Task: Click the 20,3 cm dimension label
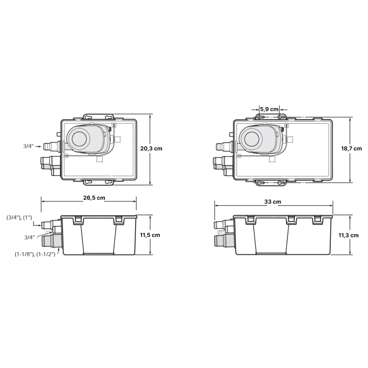coord(151,149)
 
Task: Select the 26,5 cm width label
coord(94,198)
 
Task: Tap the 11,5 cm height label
coord(150,235)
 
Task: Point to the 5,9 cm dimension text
coord(269,109)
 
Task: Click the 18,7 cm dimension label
coord(351,149)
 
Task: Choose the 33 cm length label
coord(272,202)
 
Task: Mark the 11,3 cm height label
coord(349,236)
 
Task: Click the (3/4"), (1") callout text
coord(19,218)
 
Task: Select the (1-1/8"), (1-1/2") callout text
coord(35,254)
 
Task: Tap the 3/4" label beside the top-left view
coord(29,146)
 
